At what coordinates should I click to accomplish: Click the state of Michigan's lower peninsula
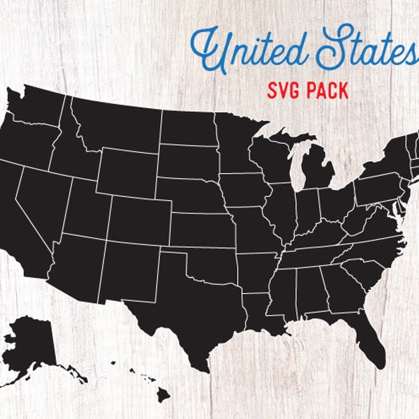click(318, 168)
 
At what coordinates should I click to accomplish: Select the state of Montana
click(115, 122)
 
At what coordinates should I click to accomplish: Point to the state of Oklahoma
click(209, 261)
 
